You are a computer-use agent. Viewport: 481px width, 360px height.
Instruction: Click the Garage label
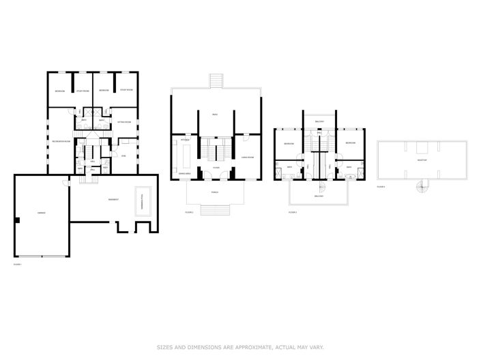click(x=41, y=213)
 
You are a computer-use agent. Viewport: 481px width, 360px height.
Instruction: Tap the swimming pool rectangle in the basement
click(x=143, y=202)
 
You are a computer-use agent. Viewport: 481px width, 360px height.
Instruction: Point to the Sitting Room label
click(x=123, y=121)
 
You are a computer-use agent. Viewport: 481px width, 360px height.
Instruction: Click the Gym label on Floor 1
click(x=123, y=156)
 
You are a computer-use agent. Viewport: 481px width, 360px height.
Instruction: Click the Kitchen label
click(x=184, y=140)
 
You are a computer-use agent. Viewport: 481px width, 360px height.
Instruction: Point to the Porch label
click(x=215, y=192)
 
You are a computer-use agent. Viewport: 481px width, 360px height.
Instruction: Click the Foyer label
click(x=215, y=167)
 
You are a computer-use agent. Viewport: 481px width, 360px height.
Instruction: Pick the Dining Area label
click(x=184, y=174)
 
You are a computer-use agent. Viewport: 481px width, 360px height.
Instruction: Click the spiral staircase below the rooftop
click(x=422, y=185)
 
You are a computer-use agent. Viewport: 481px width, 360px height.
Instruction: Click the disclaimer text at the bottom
click(x=240, y=346)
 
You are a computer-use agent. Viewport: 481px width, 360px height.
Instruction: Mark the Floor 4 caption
click(x=381, y=186)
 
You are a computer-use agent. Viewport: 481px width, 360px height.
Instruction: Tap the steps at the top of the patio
click(x=215, y=80)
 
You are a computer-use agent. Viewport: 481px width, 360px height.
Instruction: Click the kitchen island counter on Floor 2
click(x=185, y=158)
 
